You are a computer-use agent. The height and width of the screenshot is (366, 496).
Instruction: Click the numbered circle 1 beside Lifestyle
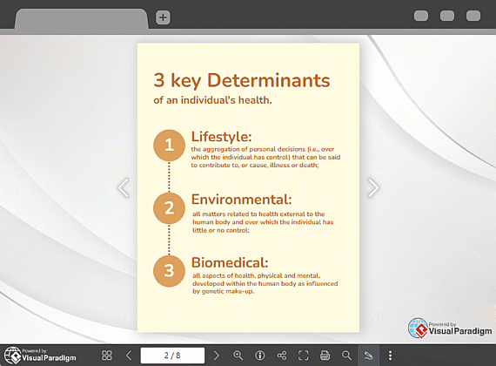pos(169,146)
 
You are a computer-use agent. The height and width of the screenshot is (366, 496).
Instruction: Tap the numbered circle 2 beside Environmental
pos(169,208)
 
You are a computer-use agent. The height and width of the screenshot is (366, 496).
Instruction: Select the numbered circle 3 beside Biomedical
pos(169,271)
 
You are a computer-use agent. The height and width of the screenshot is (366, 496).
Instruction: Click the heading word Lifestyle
pos(221,137)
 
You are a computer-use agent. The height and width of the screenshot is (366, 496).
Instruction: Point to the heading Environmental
pos(241,200)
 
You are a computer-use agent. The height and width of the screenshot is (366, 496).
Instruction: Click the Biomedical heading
pos(230,262)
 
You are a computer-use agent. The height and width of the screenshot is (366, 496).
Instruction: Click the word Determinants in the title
pos(269,80)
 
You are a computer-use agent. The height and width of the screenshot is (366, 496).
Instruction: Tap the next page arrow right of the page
pos(373,187)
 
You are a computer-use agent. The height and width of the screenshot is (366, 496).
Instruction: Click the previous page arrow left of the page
pos(124,187)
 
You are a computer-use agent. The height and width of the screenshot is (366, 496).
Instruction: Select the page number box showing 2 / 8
pos(172,356)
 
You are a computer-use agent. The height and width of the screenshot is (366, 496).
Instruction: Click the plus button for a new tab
pos(163,17)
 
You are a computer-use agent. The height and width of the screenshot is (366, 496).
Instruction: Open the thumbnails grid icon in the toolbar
pos(107,356)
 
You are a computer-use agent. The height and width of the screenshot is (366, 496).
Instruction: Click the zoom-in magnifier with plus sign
pos(238,356)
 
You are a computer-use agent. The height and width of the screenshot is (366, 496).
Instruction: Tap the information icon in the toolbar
pos(260,356)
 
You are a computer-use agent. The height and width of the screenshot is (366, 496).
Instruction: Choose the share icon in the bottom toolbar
pos(282,356)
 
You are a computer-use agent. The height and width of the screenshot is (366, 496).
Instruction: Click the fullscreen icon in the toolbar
pos(304,356)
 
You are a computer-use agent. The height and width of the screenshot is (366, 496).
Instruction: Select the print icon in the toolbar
pos(325,356)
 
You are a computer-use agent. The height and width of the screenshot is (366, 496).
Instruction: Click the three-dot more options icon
pos(390,356)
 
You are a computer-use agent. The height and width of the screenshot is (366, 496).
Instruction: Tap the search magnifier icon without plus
pos(346,356)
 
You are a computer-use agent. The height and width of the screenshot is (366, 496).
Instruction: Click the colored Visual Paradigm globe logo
pos(419,329)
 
